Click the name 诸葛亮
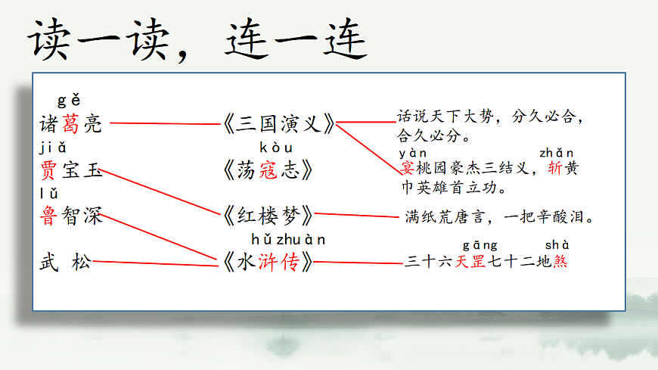click(x=70, y=124)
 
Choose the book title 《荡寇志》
click(x=268, y=169)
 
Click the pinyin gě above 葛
click(x=69, y=101)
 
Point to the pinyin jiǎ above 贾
click(x=54, y=147)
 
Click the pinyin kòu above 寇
click(x=275, y=148)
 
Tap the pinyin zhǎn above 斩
click(x=556, y=154)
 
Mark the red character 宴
click(x=406, y=169)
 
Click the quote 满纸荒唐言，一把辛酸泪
click(x=498, y=217)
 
